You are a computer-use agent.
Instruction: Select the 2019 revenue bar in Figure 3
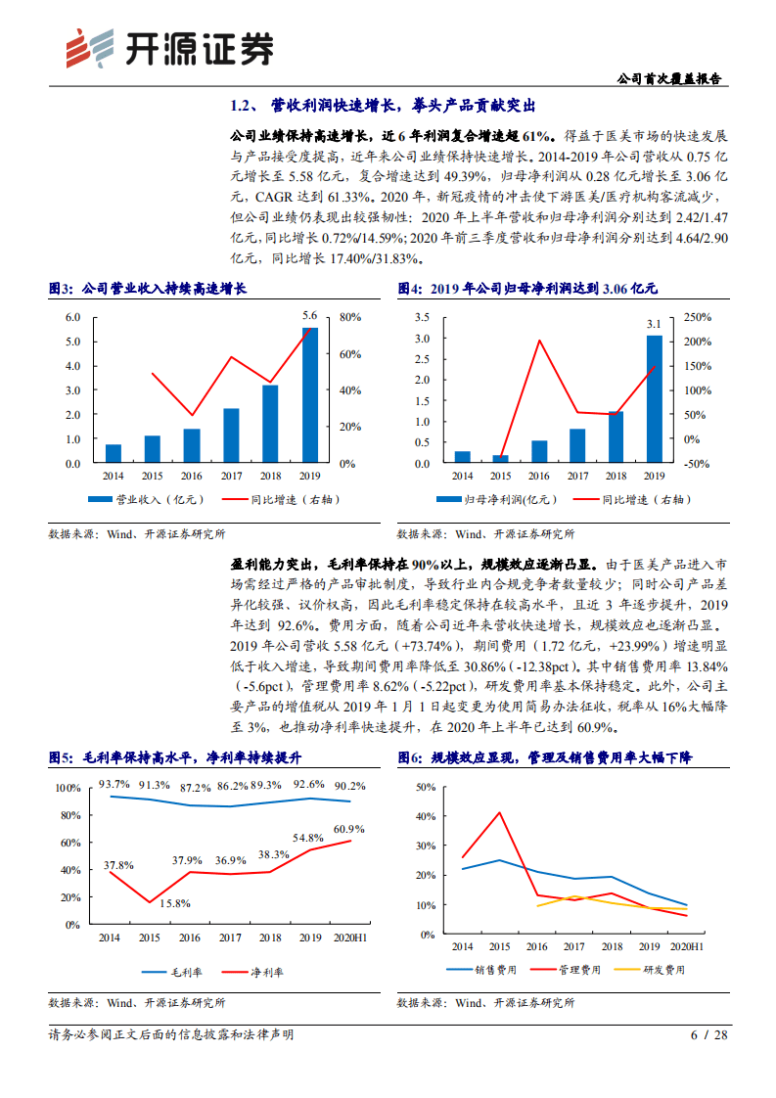pyautogui.click(x=309, y=395)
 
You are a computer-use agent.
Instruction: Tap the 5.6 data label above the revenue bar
pyautogui.click(x=309, y=315)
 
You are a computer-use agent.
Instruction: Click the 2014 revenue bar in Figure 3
pyautogui.click(x=114, y=453)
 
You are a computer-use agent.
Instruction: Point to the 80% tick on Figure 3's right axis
pyautogui.click(x=350, y=317)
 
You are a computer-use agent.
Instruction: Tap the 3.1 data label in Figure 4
pyautogui.click(x=654, y=323)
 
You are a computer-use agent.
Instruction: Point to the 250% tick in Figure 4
pyautogui.click(x=697, y=317)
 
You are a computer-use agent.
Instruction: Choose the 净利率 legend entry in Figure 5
pyautogui.click(x=253, y=972)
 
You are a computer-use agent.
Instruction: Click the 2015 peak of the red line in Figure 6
pyautogui.click(x=500, y=812)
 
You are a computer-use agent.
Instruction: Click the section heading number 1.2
pyautogui.click(x=243, y=105)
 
